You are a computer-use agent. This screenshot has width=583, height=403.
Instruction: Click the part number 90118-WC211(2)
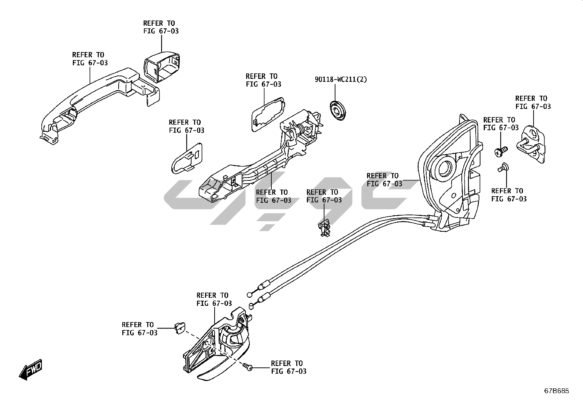coord(341,79)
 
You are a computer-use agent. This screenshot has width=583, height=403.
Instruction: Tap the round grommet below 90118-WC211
coord(338,110)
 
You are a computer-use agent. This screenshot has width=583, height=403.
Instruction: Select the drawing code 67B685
coord(557,391)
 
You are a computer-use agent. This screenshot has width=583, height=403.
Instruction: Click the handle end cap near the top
coord(162,67)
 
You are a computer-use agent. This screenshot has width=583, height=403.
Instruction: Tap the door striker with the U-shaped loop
coord(531,144)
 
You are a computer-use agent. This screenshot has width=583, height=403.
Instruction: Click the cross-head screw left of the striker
coord(501,151)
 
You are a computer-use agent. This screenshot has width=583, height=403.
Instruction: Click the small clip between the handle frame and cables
coord(324,227)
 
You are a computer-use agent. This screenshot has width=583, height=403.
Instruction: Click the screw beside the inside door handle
coord(248,367)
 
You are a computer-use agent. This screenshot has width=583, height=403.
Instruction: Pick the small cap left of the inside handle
coord(180,328)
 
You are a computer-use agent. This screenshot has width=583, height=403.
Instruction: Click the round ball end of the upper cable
coord(250,295)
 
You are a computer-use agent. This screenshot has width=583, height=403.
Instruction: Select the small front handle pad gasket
coord(187,158)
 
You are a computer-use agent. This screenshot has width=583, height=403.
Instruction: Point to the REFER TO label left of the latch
coord(385,180)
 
